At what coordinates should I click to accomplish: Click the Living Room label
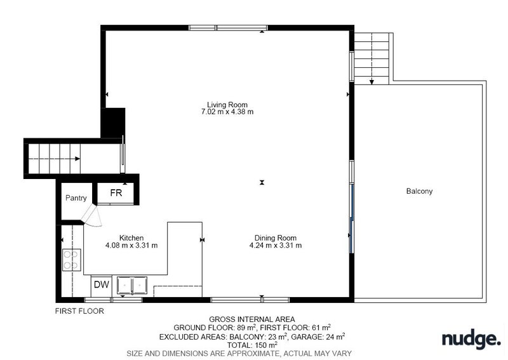(x=227, y=105)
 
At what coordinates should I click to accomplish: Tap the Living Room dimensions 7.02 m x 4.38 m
(x=227, y=112)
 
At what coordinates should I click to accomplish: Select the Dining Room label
(x=276, y=238)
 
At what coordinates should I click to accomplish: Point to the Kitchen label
(x=131, y=238)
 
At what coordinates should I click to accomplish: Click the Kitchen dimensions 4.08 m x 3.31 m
(x=131, y=246)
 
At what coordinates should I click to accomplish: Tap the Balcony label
(x=419, y=191)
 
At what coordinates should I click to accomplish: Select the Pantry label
(x=76, y=198)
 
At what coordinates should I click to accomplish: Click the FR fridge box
(x=116, y=194)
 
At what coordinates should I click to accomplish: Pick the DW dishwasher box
(x=102, y=286)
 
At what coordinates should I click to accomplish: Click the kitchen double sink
(x=132, y=286)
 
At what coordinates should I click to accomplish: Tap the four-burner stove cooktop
(x=72, y=260)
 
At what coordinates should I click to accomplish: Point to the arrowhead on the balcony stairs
(x=371, y=82)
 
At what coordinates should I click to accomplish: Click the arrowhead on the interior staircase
(x=77, y=159)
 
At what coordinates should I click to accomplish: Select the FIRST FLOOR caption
(x=79, y=311)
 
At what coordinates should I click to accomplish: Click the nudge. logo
(x=471, y=339)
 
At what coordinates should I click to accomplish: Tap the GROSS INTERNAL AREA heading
(x=251, y=319)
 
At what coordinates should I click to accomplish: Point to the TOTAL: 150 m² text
(x=252, y=345)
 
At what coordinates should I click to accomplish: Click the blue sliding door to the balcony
(x=351, y=218)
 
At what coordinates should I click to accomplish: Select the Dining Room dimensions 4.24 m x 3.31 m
(x=276, y=246)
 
